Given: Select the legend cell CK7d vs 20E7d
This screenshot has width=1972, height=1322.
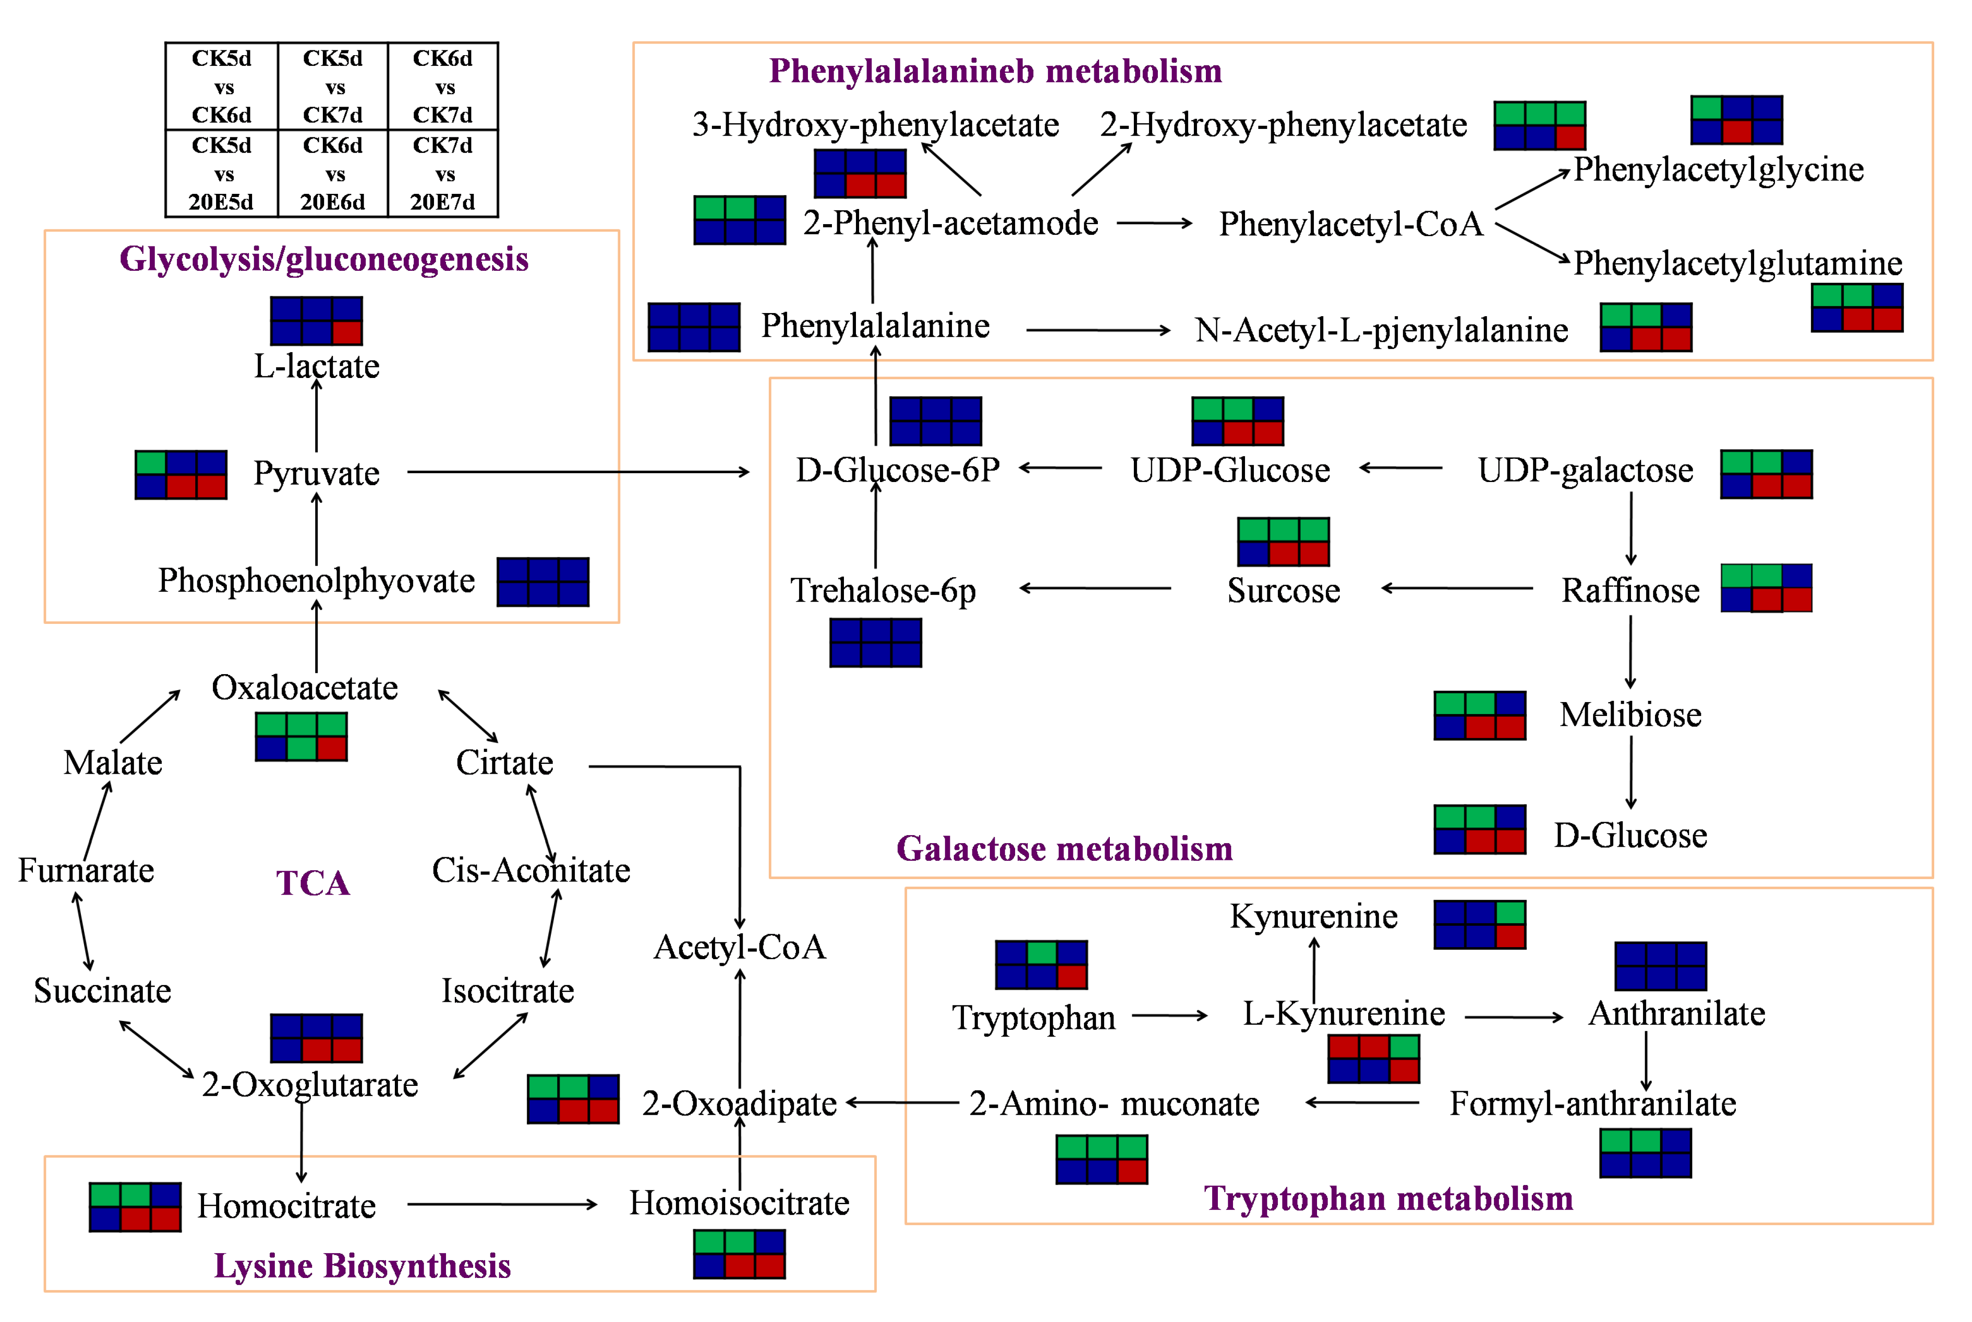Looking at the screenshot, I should click(x=442, y=174).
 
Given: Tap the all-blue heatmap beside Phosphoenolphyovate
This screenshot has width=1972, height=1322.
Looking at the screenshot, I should click(x=543, y=582).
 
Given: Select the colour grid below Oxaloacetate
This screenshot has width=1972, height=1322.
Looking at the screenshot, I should click(x=301, y=737).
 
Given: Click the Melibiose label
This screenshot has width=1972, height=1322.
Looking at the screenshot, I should click(x=1630, y=715).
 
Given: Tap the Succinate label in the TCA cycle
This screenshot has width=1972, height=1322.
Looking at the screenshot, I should click(x=102, y=991).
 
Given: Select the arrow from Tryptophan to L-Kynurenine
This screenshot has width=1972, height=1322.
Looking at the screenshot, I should click(x=1169, y=1016).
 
